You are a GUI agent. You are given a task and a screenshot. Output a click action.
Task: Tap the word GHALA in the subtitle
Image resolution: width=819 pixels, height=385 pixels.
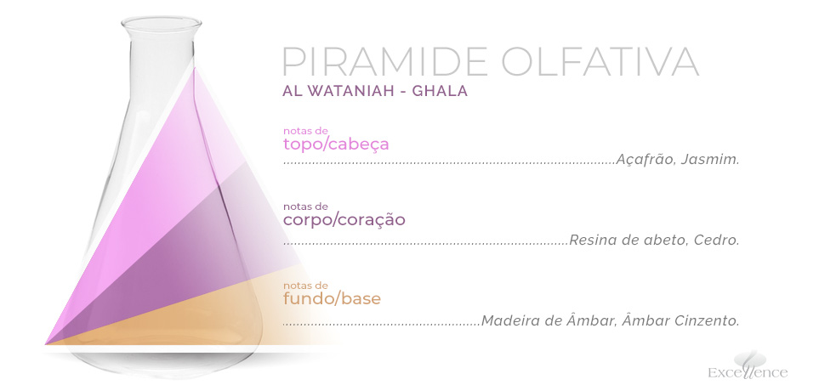(440, 91)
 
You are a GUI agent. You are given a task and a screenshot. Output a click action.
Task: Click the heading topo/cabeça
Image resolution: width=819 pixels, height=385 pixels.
(336, 144)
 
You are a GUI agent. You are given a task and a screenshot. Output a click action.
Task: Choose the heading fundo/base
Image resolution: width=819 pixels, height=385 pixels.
(332, 299)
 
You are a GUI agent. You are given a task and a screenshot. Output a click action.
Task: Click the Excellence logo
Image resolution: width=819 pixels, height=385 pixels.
(748, 365)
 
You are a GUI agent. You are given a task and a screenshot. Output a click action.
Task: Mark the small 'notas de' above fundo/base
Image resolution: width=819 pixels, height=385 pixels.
(305, 286)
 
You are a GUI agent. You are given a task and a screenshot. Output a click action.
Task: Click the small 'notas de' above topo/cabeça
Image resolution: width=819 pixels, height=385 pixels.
(305, 130)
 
